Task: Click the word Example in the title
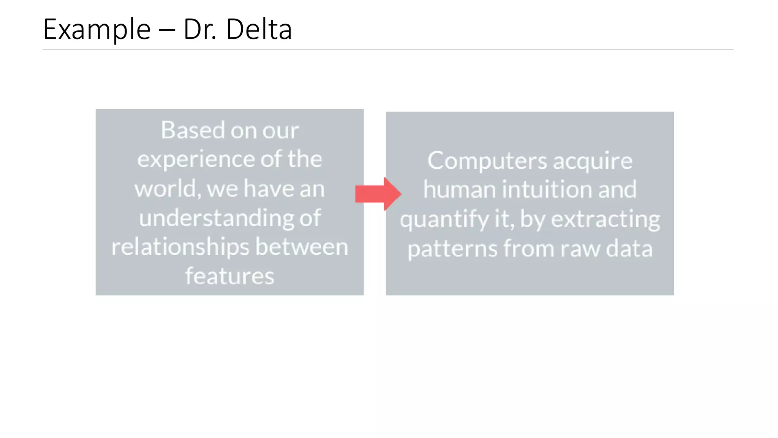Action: [97, 30]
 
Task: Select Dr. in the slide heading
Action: [200, 29]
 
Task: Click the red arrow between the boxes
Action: [378, 194]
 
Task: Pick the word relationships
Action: [180, 247]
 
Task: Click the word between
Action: [302, 247]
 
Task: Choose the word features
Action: [229, 276]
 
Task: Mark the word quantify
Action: [444, 219]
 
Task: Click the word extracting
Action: [606, 219]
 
